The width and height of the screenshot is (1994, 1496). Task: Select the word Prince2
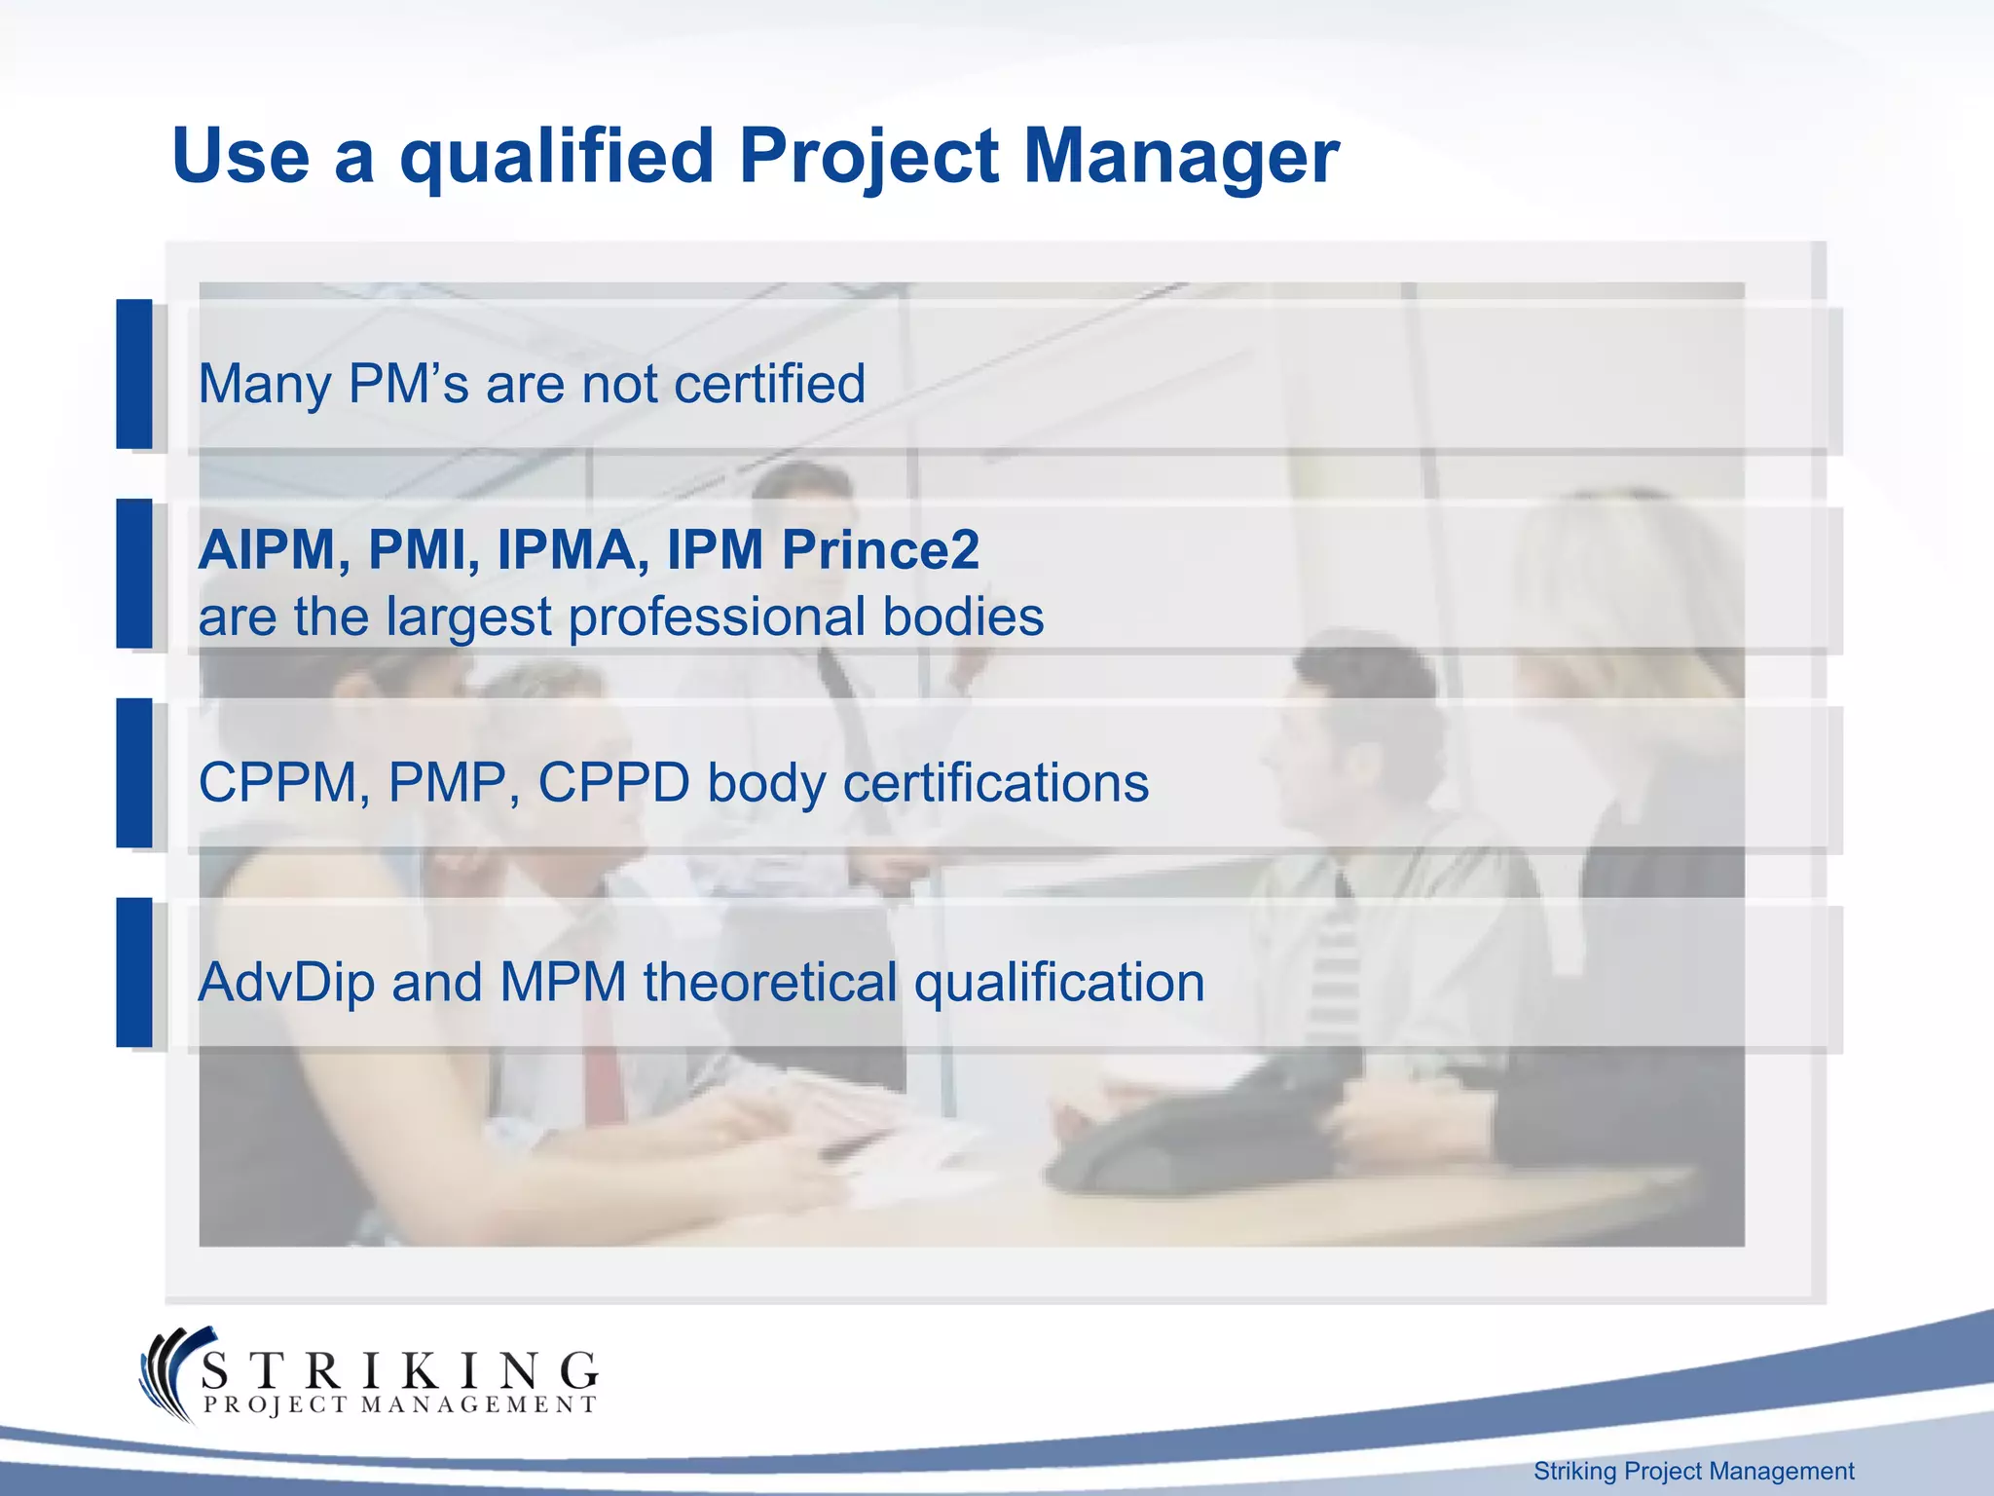pos(880,550)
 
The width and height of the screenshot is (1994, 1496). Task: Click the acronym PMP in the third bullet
pos(447,782)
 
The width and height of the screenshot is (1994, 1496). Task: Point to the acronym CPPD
pos(613,782)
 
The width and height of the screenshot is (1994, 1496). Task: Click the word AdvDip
pos(286,982)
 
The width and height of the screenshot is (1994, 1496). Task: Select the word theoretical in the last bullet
pos(770,982)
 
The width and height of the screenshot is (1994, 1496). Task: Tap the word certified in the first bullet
pos(769,384)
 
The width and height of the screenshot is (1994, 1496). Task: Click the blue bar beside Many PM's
pos(134,374)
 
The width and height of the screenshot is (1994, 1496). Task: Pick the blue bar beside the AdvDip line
pos(134,972)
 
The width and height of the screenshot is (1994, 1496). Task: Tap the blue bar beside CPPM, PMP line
pos(134,772)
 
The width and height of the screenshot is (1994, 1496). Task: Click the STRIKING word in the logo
pos(399,1371)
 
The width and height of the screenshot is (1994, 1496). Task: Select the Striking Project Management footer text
pos(1693,1471)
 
